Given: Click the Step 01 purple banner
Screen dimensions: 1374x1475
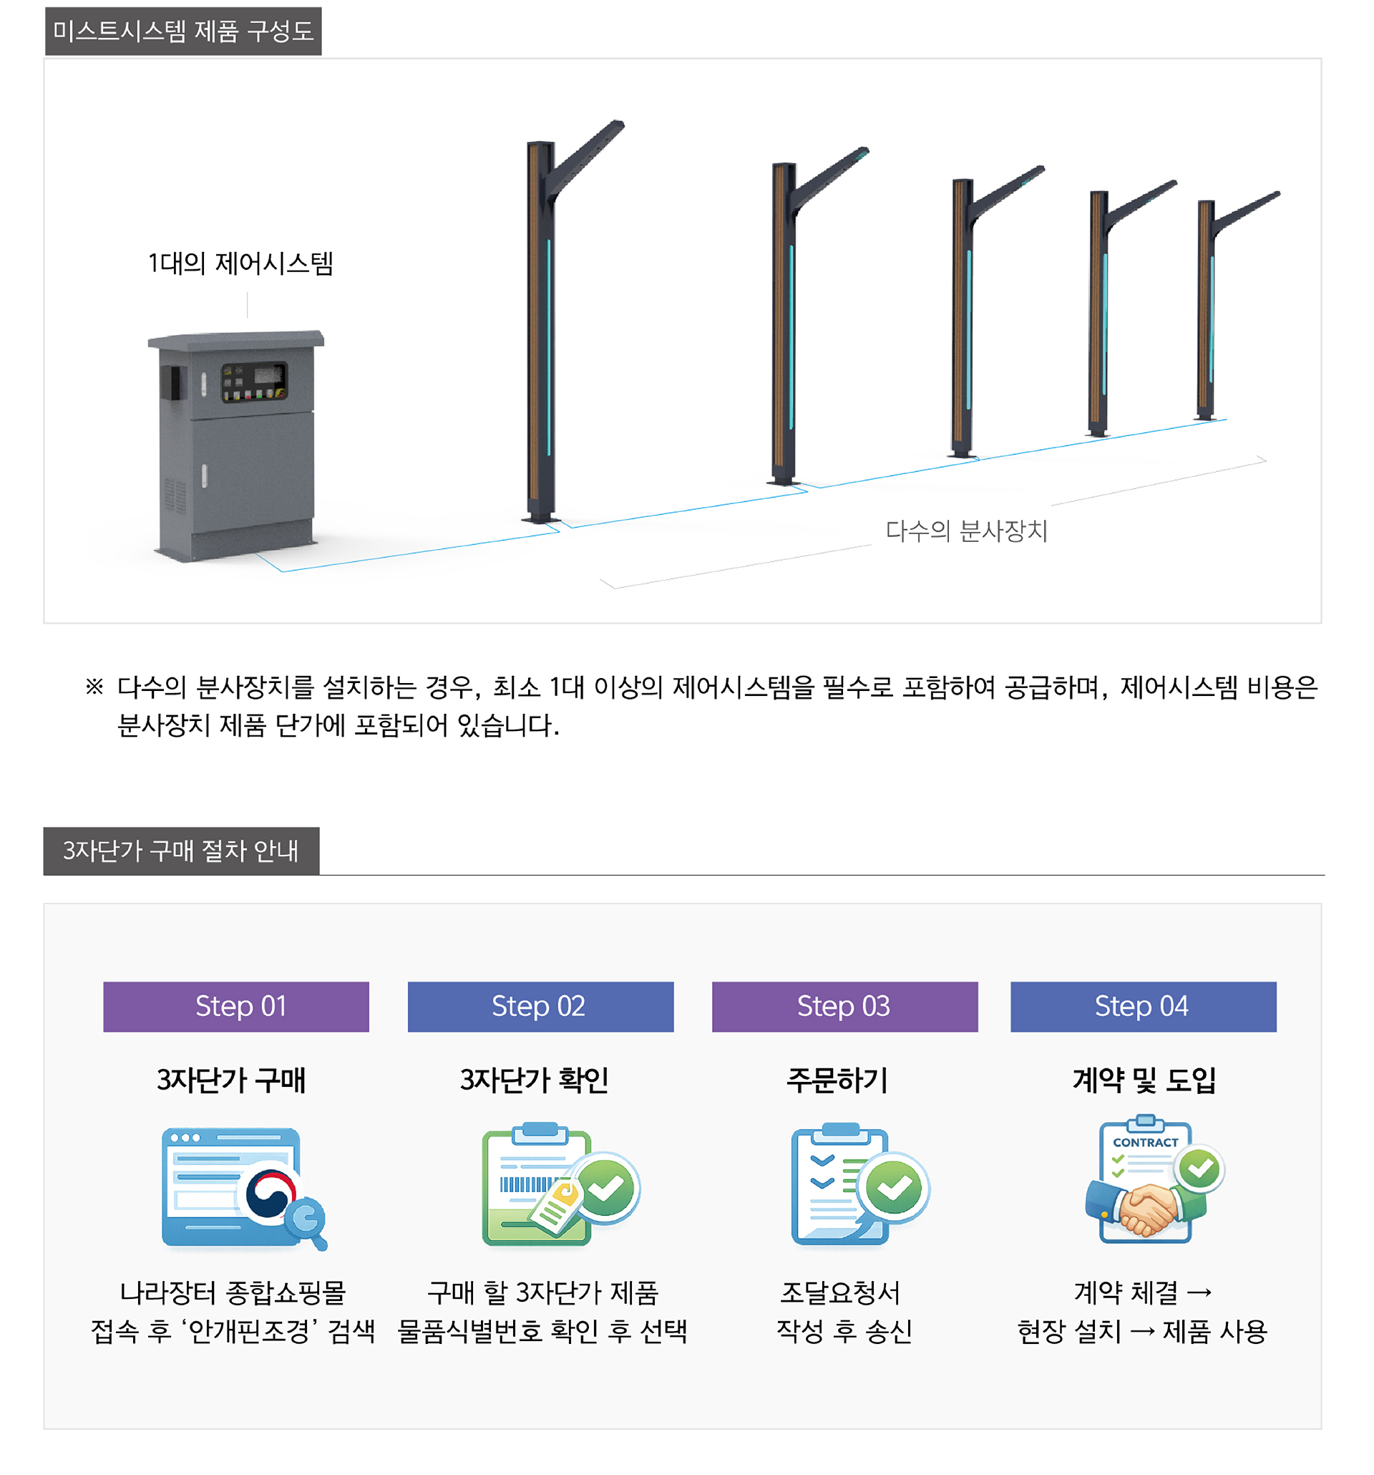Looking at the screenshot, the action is coord(235,1006).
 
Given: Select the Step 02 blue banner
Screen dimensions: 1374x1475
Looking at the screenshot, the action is coord(540,1006).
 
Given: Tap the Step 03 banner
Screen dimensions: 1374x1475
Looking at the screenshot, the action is coord(844,1006).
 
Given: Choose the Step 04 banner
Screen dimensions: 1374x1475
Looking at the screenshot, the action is coord(1143,1006).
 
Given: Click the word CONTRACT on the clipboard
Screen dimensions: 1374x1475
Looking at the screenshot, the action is coord(1144,1143).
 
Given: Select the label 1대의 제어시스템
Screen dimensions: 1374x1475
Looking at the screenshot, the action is coord(240,263).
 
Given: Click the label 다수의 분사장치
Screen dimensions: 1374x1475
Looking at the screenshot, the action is coord(965,531).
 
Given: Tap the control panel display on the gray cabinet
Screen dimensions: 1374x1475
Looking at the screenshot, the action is coord(253,382).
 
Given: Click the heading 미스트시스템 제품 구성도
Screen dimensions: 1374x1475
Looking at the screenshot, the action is coord(183,32).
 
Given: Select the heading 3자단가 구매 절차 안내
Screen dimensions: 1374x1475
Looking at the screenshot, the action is coord(181,851).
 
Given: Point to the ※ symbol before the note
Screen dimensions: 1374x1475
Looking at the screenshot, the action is coord(94,687).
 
